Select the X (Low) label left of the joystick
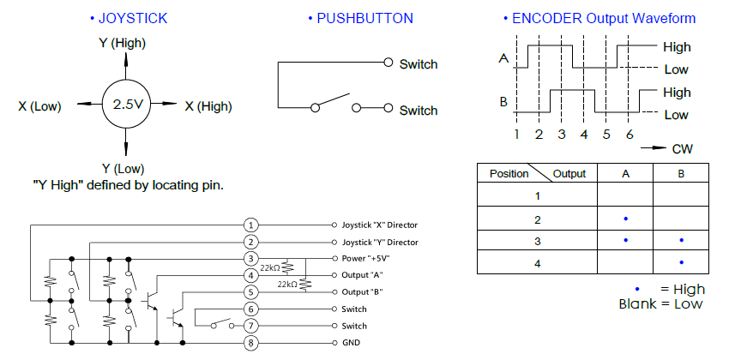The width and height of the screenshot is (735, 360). pyautogui.click(x=39, y=106)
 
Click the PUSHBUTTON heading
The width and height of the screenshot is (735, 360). pyautogui.click(x=364, y=18)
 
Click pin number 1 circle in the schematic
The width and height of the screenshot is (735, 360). pyautogui.click(x=250, y=225)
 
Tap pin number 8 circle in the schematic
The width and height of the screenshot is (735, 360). pyautogui.click(x=250, y=343)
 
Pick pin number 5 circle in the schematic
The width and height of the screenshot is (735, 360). pyautogui.click(x=250, y=292)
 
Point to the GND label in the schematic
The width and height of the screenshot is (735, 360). pyautogui.click(x=352, y=343)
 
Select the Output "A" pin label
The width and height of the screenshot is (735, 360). pyautogui.click(x=363, y=275)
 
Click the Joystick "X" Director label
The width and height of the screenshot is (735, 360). pyautogui.click(x=380, y=225)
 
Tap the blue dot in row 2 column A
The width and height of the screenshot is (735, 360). pyautogui.click(x=625, y=219)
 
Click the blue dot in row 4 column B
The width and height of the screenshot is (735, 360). pyautogui.click(x=681, y=262)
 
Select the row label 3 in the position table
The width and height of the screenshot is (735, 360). pyautogui.click(x=537, y=241)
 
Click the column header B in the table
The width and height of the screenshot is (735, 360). pyautogui.click(x=681, y=173)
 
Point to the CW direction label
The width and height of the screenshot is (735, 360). pyautogui.click(x=683, y=149)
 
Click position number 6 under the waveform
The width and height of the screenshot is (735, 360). pyautogui.click(x=629, y=135)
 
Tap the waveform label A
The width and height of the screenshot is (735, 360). pyautogui.click(x=503, y=59)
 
